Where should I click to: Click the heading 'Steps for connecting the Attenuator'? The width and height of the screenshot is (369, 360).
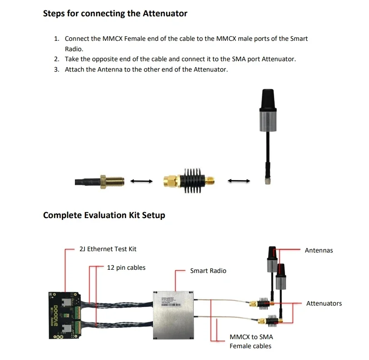click(115, 13)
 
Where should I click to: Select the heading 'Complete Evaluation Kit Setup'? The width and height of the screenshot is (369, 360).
click(104, 215)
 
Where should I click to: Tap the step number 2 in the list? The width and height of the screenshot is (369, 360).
click(57, 59)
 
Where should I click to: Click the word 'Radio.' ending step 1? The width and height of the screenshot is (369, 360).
click(74, 49)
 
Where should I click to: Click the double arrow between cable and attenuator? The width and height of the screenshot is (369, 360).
click(141, 181)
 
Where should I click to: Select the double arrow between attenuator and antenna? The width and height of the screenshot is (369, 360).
click(239, 181)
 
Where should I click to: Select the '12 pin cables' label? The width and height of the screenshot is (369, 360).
click(126, 268)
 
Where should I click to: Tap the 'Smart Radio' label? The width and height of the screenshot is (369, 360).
click(208, 271)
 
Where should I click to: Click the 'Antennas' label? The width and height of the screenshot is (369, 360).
click(319, 250)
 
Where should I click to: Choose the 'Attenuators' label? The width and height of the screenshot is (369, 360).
click(324, 303)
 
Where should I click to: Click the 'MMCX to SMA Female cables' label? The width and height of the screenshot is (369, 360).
click(251, 341)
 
